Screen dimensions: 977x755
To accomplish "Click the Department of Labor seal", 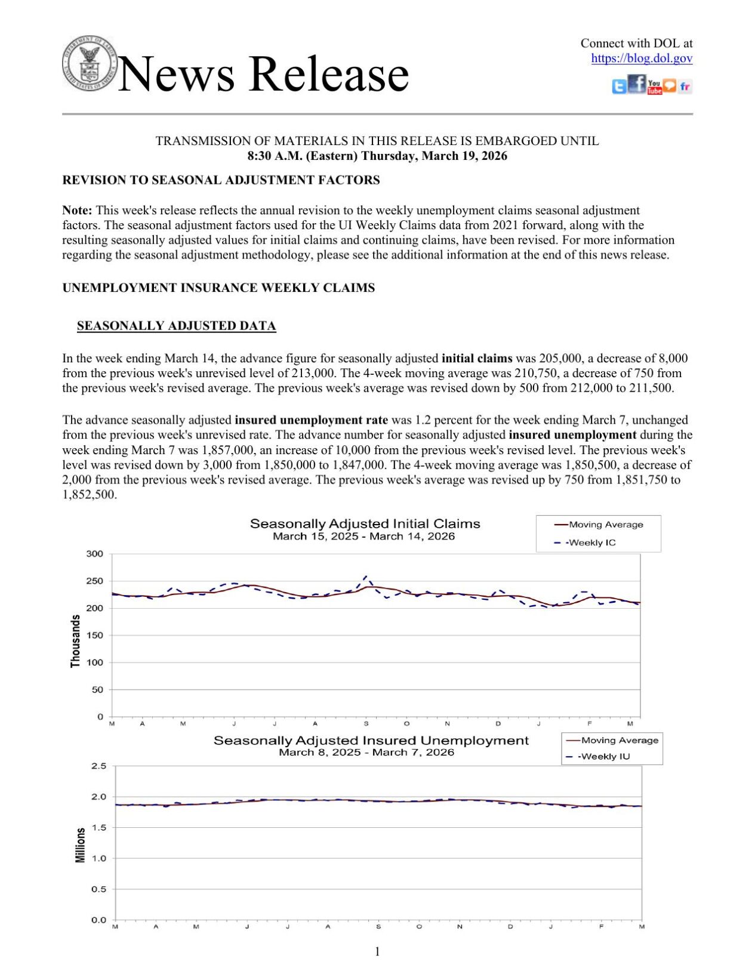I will coord(90,63).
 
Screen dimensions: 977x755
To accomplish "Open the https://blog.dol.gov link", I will coord(642,58).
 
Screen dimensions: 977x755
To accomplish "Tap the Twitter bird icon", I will coord(619,87).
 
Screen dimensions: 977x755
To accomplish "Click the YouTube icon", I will coord(654,87).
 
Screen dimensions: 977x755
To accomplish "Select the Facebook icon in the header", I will coord(637,84).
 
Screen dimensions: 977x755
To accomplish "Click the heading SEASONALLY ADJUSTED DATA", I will coord(176,326).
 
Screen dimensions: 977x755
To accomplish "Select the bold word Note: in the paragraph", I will coord(77,211).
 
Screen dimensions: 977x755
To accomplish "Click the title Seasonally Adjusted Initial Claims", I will coord(365,524).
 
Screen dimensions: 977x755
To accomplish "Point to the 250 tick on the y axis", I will coord(95,581).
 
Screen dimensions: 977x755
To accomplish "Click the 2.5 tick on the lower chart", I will coord(99,766).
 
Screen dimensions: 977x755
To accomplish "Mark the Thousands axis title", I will coord(75,642).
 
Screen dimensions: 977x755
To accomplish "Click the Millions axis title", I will coord(81,845).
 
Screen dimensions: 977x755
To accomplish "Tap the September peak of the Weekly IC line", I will coord(365,577).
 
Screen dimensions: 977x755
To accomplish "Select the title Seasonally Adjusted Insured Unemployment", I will coord(371,741).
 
